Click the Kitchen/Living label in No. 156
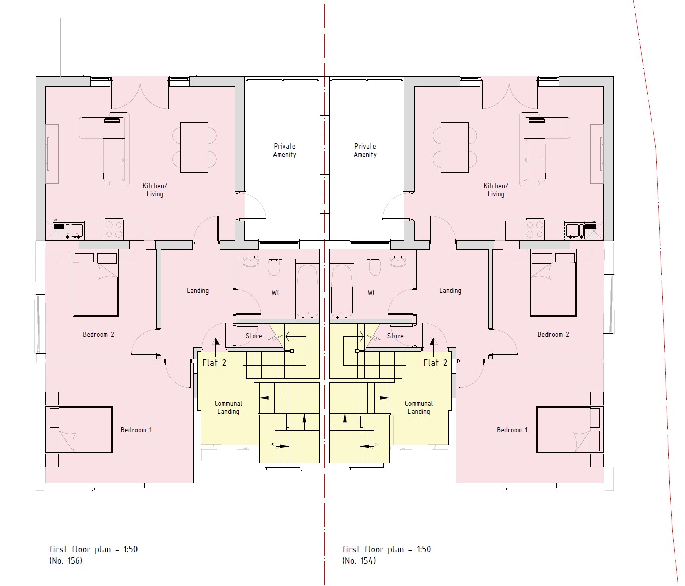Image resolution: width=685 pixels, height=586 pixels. (155, 190)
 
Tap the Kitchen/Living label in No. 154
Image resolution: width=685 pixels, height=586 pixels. (496, 190)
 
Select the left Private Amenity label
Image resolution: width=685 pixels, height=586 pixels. (285, 150)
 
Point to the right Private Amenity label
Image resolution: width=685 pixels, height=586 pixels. (365, 150)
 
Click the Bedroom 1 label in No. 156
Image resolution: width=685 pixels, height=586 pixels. (136, 430)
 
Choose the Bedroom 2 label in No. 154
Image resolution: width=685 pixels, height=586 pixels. (553, 334)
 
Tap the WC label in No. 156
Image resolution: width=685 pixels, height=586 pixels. (276, 292)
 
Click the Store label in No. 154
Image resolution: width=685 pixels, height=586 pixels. (395, 336)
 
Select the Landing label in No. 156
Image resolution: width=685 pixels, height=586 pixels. (198, 290)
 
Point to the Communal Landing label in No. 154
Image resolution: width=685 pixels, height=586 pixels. (419, 407)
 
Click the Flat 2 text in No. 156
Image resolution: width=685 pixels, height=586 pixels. (214, 363)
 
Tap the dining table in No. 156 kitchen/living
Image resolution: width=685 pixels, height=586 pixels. (194, 148)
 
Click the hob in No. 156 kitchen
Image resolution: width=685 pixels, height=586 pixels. (114, 229)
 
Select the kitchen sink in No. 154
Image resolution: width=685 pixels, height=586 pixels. (574, 231)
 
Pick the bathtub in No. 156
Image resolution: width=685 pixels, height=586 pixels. (307, 290)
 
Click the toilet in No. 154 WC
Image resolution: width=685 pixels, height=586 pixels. (376, 267)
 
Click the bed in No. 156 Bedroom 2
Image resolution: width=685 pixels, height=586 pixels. (96, 284)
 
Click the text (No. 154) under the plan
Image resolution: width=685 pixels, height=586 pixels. (359, 561)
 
